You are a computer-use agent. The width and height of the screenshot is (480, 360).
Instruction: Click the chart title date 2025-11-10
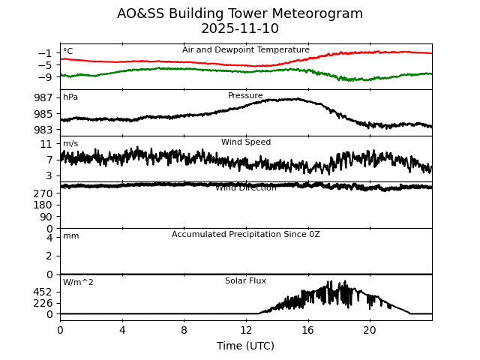[240, 29]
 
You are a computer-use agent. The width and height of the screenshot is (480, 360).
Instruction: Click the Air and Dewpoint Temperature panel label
[246, 50]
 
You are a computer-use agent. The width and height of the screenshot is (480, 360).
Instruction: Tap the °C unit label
[68, 52]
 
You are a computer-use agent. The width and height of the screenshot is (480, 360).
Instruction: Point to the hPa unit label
[70, 97]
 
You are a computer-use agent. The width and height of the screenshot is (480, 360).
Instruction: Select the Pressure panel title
[245, 96]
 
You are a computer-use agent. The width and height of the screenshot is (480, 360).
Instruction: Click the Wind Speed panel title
[246, 142]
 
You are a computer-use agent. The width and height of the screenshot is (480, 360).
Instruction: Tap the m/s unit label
[70, 144]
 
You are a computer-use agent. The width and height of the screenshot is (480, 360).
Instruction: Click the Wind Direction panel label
[246, 188]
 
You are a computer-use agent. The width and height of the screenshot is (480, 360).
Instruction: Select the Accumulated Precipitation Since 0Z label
[246, 235]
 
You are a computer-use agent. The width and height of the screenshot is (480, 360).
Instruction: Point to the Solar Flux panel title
[246, 281]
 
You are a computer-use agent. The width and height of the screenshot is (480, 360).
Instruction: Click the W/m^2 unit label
[78, 283]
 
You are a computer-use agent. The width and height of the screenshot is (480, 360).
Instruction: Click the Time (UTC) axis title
[246, 346]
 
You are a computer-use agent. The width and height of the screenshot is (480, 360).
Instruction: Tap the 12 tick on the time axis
[246, 329]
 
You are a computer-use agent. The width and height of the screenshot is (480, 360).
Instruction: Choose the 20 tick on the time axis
[370, 329]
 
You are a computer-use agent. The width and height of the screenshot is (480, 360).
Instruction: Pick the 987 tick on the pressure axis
[43, 97]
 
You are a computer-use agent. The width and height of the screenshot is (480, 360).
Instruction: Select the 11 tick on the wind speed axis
[46, 144]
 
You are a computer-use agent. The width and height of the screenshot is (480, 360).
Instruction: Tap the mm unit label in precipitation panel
[70, 236]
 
